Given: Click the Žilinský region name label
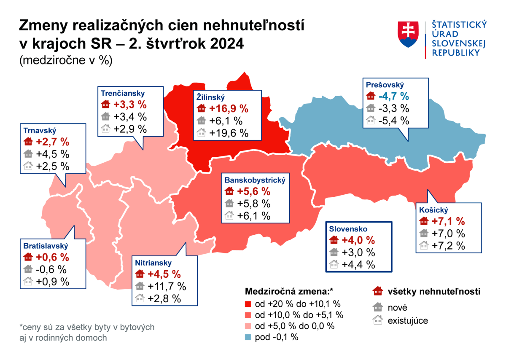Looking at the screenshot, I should click(x=211, y=97).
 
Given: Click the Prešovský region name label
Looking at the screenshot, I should click(x=385, y=84).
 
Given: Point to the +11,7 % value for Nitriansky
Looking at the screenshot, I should click(x=167, y=286).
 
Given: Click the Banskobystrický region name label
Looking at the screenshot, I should click(x=252, y=180).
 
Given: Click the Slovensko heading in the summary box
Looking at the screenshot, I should click(x=348, y=229).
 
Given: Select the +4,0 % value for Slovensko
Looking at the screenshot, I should click(x=358, y=240).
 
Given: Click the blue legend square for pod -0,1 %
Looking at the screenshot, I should click(x=249, y=337).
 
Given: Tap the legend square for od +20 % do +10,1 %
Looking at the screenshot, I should click(x=249, y=304).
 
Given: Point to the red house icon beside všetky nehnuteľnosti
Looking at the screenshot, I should click(x=378, y=291).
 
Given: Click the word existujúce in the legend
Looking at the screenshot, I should click(x=408, y=321).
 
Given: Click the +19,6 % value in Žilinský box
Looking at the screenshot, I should click(x=229, y=133).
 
